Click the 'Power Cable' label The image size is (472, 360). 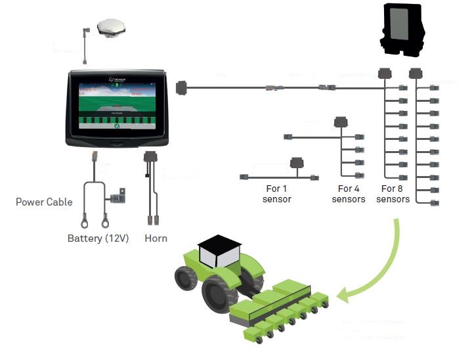point(44,202)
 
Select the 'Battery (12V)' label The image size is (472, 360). point(98,238)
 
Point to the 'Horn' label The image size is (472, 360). point(156,238)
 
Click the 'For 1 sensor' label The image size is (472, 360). point(276,194)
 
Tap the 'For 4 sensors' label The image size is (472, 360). point(349,194)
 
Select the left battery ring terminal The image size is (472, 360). point(86,225)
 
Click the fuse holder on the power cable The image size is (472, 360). point(119,194)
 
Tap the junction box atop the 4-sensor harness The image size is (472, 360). point(341,122)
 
